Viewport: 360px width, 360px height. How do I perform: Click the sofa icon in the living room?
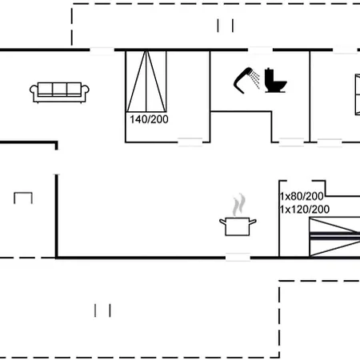pos(58,91)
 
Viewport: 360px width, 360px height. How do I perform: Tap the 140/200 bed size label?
pos(148,119)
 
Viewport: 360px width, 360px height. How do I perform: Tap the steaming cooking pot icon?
pos(238,225)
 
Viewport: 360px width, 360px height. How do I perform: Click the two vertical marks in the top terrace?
pos(225,26)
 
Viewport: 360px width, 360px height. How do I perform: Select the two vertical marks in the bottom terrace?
pos(102,309)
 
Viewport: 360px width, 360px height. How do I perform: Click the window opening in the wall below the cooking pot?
pos(238,257)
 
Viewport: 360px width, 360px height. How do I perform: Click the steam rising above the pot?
pos(238,204)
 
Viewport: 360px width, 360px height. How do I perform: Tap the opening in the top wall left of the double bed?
pos(102,50)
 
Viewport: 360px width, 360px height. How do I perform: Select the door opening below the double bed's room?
pos(189,143)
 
